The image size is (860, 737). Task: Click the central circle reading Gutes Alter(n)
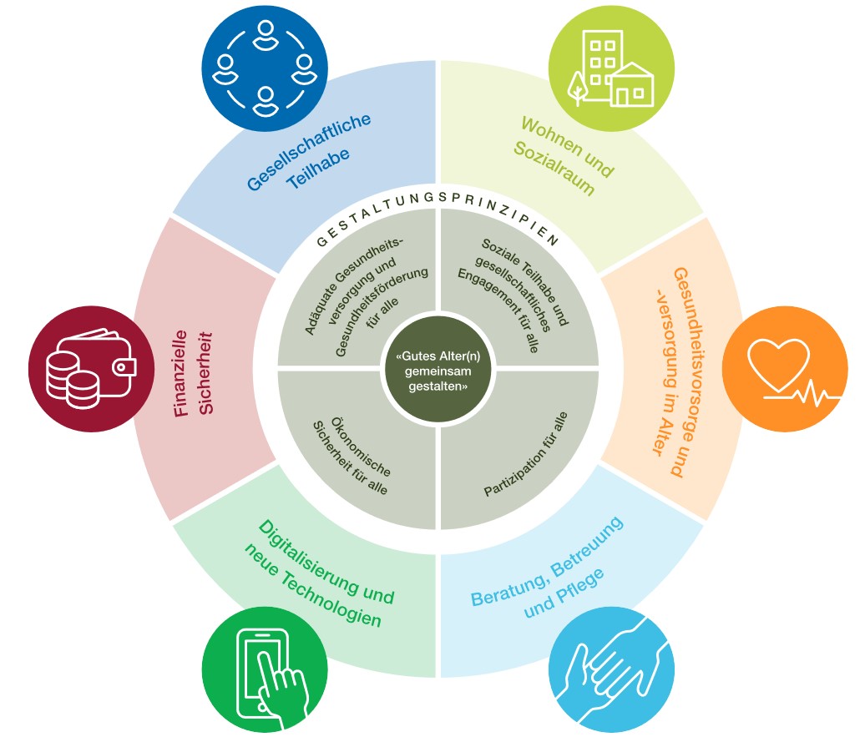point(438,367)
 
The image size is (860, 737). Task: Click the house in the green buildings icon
point(632,86)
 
